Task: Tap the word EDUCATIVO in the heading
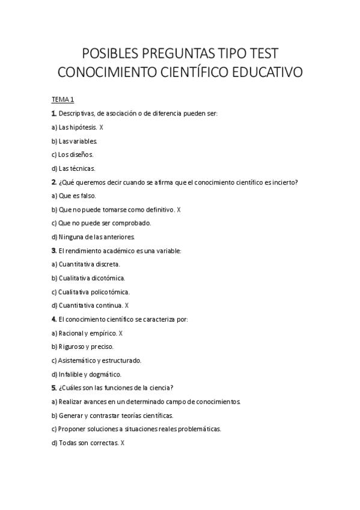[x=264, y=73]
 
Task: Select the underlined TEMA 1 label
[x=63, y=99]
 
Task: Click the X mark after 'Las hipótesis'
[x=102, y=127]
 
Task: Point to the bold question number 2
[x=54, y=182]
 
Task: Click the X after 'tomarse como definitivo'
[x=178, y=210]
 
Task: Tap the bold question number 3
[x=54, y=250]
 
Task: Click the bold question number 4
[x=54, y=319]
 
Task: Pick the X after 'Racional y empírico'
[x=121, y=333]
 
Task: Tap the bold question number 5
[x=54, y=388]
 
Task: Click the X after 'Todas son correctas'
[x=123, y=443]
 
